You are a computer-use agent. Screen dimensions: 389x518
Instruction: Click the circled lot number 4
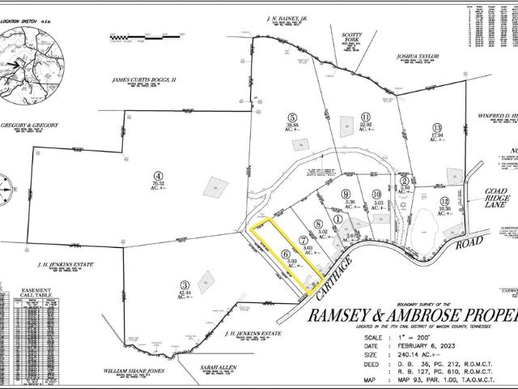[x=159, y=174]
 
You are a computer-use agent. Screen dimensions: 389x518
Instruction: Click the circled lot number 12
[x=444, y=201]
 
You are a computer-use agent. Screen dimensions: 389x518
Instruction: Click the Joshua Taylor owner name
[x=416, y=58]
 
